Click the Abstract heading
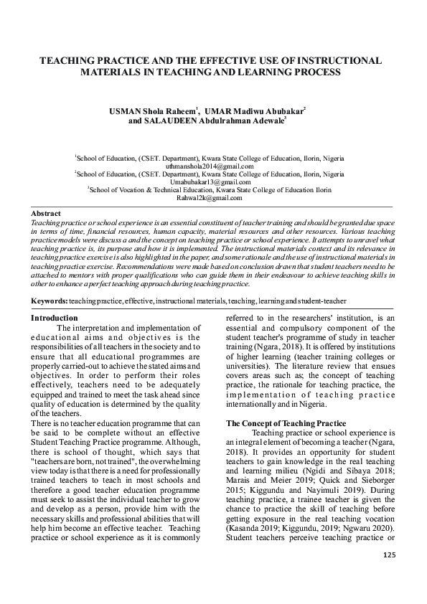pos(45,214)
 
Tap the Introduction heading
pos(55,318)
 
